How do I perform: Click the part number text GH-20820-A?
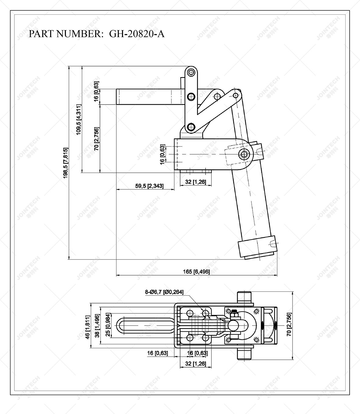click(x=137, y=34)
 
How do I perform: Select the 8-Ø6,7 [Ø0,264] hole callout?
click(x=164, y=292)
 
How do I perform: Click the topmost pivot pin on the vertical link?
click(x=191, y=73)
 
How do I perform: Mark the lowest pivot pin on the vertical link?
click(x=191, y=127)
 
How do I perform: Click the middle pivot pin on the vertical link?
click(x=191, y=97)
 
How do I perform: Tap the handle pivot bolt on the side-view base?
click(x=244, y=154)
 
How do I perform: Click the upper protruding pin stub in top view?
click(x=244, y=297)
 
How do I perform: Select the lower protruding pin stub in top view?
click(x=244, y=355)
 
